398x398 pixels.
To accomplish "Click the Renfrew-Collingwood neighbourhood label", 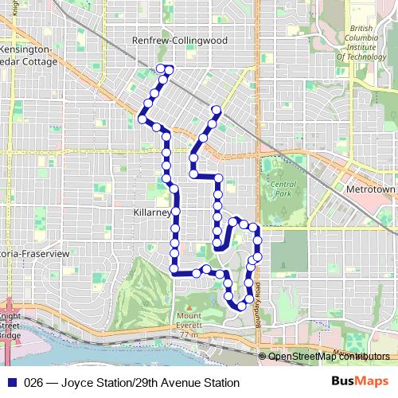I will click(180, 40).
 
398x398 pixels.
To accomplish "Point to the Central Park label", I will click(283, 188).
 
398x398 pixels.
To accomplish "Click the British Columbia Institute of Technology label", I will click(363, 43).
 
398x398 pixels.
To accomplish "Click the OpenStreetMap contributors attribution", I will click(328, 357).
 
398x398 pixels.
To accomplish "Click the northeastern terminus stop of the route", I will click(215, 110).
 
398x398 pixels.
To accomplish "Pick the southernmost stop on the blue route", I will click(240, 306).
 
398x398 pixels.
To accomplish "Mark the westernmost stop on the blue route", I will click(142, 120).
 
